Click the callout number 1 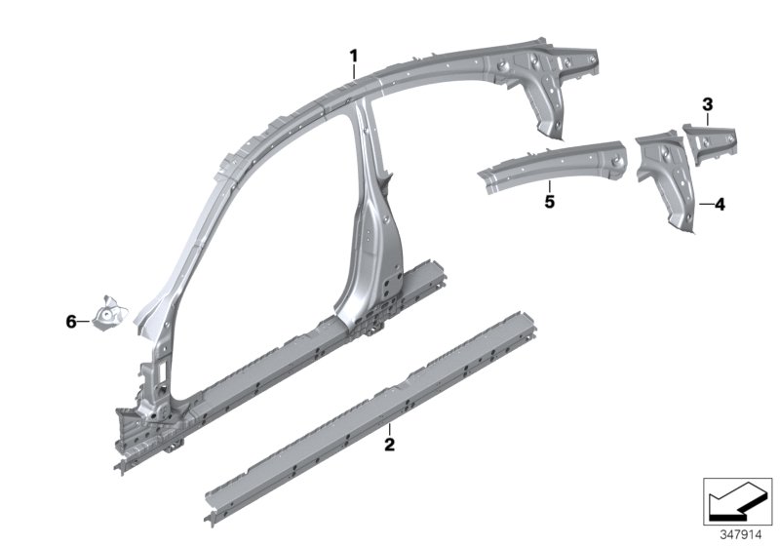point(354,56)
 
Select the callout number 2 point(389,444)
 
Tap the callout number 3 point(708,104)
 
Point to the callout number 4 point(720,204)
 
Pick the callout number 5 point(550,202)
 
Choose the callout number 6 point(71,322)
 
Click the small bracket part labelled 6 point(110,312)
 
